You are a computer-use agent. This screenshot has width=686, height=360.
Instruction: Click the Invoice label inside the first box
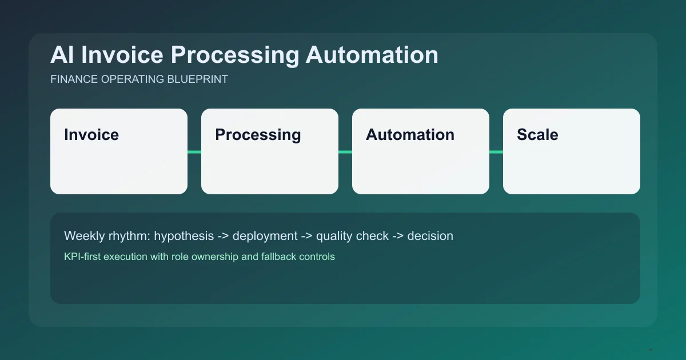tap(91, 135)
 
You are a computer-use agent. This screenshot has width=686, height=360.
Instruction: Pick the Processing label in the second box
tap(258, 135)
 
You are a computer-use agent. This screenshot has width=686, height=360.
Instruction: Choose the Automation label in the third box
tap(410, 135)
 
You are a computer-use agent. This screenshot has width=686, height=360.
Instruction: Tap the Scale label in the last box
tap(537, 135)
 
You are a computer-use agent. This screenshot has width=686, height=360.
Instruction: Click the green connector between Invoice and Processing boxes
tap(194, 151)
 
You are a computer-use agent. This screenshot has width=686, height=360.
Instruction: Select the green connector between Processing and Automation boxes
tap(345, 151)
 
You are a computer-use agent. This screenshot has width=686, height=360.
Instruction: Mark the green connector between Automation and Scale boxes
tap(496, 151)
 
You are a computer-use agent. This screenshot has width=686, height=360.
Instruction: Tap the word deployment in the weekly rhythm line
tap(265, 235)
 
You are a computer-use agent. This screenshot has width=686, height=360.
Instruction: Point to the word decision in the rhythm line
tap(430, 235)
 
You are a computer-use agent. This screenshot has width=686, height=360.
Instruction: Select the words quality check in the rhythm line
tap(352, 235)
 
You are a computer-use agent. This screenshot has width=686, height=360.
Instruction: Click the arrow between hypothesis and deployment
tap(224, 235)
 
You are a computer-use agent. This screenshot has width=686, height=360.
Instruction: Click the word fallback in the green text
tap(279, 257)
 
